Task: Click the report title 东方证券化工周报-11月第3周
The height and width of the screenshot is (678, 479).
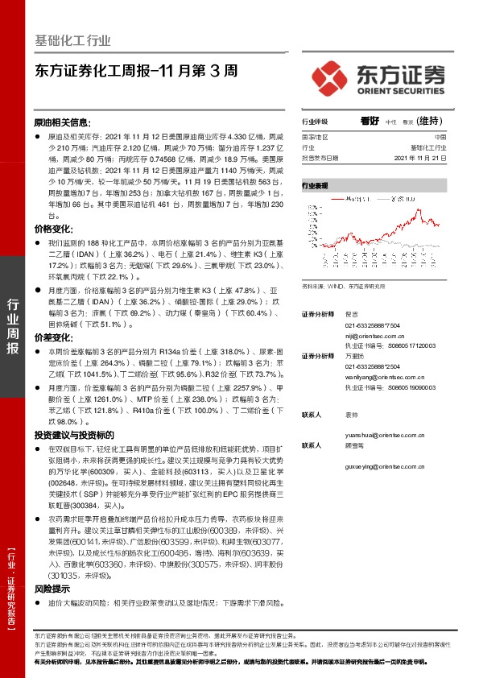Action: pos(137,71)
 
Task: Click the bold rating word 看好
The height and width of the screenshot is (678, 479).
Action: pos(370,122)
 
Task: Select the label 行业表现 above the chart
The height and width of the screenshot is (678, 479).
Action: pos(316,185)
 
